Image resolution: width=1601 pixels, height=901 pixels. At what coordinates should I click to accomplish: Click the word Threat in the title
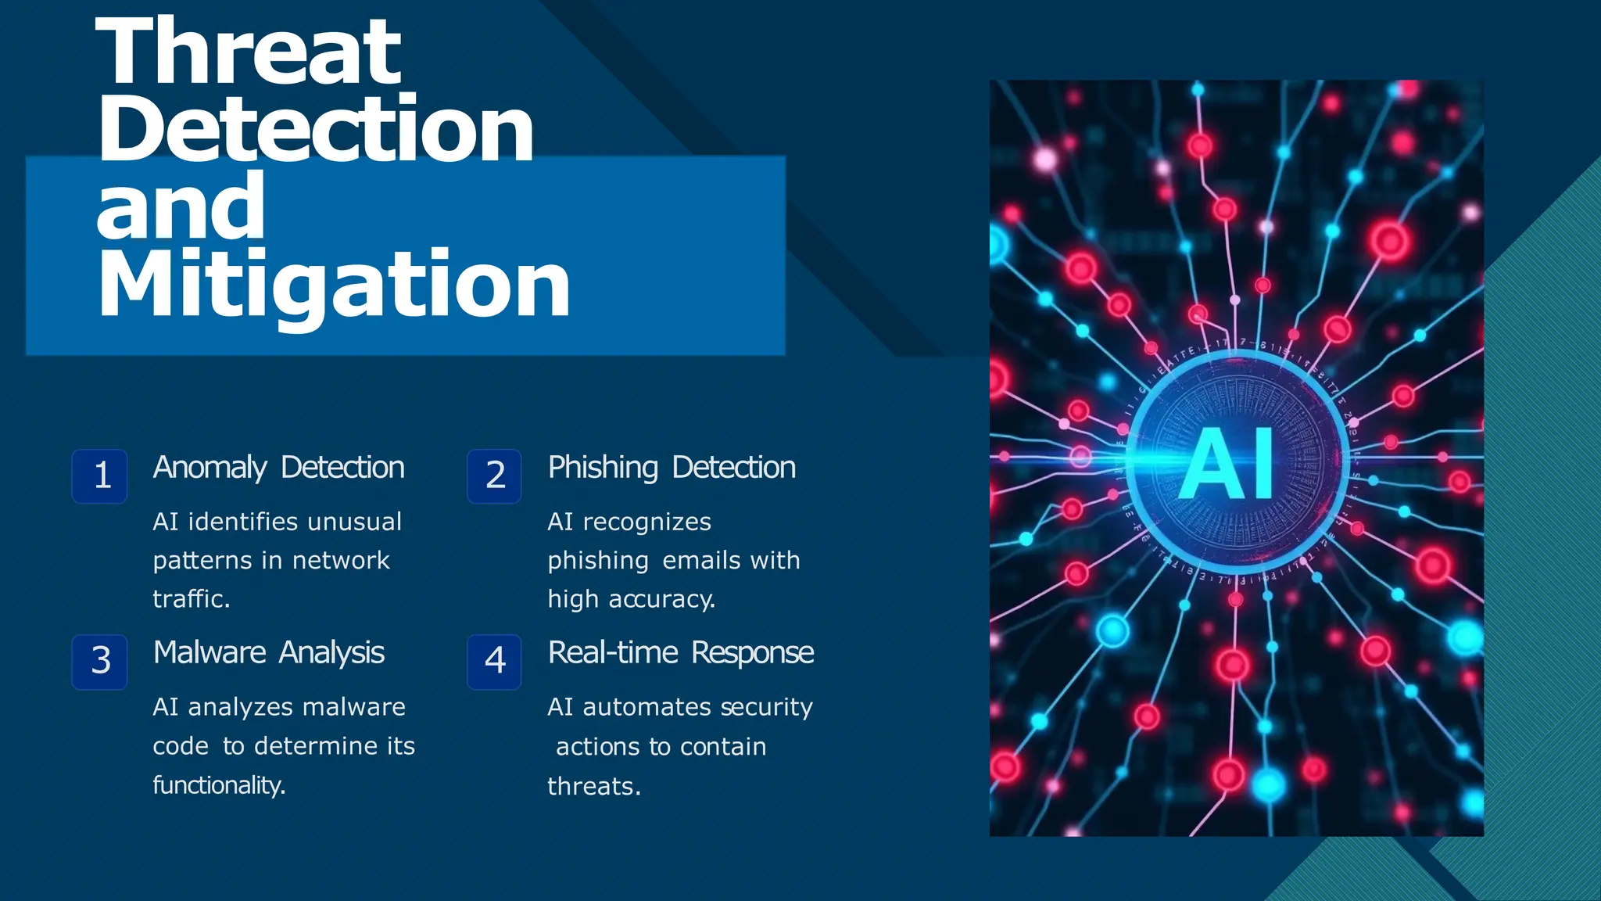pyautogui.click(x=249, y=52)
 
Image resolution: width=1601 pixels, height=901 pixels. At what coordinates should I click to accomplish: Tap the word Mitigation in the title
pyautogui.click(x=334, y=285)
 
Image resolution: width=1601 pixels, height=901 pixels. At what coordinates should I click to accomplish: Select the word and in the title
pyautogui.click(x=181, y=206)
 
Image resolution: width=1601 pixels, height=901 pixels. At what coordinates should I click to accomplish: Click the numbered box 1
pyautogui.click(x=100, y=476)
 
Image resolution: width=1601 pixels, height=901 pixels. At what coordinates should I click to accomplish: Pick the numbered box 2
pyautogui.click(x=495, y=476)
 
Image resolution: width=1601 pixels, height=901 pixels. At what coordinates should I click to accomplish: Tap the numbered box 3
pyautogui.click(x=100, y=661)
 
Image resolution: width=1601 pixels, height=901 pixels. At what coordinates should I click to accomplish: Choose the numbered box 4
pyautogui.click(x=495, y=661)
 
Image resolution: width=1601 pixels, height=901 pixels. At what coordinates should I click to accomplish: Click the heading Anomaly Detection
pyautogui.click(x=278, y=468)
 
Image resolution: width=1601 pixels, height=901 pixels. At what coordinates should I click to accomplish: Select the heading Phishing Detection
pyautogui.click(x=672, y=468)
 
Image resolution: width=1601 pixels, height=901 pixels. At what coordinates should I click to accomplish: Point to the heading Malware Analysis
pyautogui.click(x=269, y=653)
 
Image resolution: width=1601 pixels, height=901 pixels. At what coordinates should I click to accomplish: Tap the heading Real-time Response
pyautogui.click(x=681, y=653)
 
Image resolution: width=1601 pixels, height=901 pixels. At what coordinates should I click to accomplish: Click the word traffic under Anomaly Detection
pyautogui.click(x=190, y=599)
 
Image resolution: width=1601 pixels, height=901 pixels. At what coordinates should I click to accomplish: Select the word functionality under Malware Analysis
pyautogui.click(x=218, y=784)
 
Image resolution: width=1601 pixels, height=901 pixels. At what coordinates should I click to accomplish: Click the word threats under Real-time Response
pyautogui.click(x=593, y=786)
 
